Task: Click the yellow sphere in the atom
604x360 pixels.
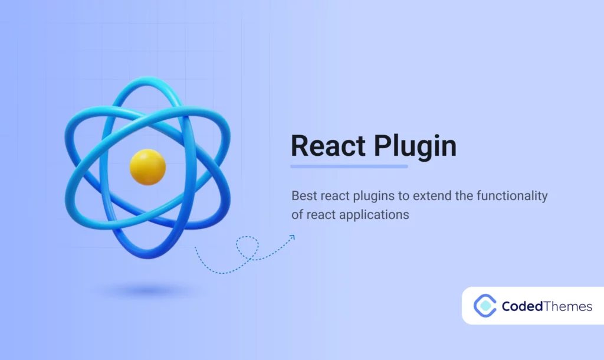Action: point(147,166)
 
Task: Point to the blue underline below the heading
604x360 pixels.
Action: point(349,166)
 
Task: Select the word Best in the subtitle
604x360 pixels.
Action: point(303,195)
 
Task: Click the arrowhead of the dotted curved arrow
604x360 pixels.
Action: point(291,238)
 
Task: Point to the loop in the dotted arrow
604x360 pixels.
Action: point(247,247)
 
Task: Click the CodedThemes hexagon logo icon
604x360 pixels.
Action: point(485,306)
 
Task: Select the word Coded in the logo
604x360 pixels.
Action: point(521,306)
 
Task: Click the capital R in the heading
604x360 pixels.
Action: point(300,146)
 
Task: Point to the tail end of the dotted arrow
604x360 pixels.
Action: point(196,248)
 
